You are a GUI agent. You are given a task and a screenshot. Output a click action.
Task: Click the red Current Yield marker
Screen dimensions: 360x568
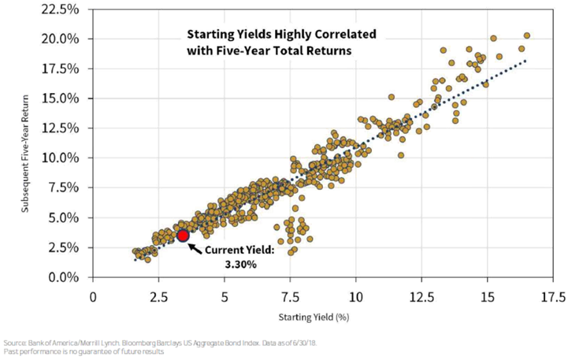pos(183,236)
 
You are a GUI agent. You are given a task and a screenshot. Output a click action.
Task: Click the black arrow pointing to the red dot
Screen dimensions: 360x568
pos(196,243)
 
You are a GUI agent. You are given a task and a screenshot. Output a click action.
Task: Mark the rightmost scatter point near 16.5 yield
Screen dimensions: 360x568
pos(526,35)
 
